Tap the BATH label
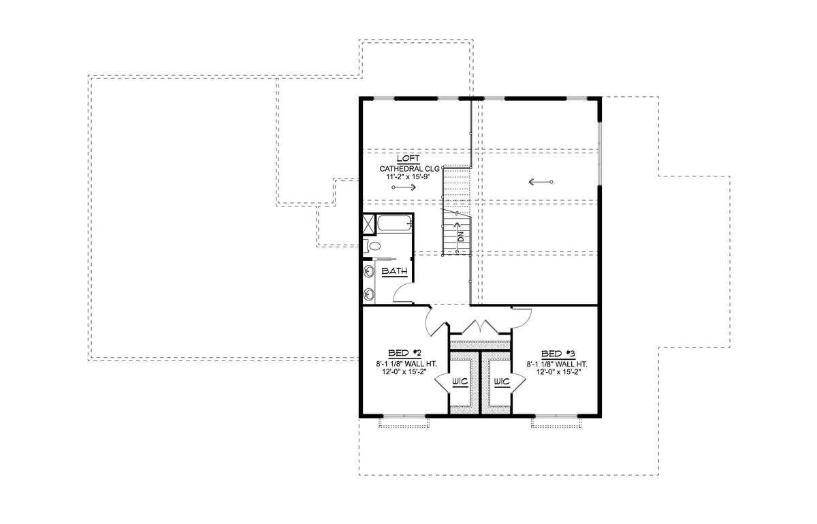pyautogui.click(x=394, y=271)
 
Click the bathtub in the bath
pyautogui.click(x=394, y=223)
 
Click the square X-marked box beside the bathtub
pyautogui.click(x=368, y=222)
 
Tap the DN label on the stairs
pyautogui.click(x=461, y=237)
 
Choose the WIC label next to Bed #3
pyautogui.click(x=501, y=381)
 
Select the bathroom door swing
pyautogui.click(x=404, y=294)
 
